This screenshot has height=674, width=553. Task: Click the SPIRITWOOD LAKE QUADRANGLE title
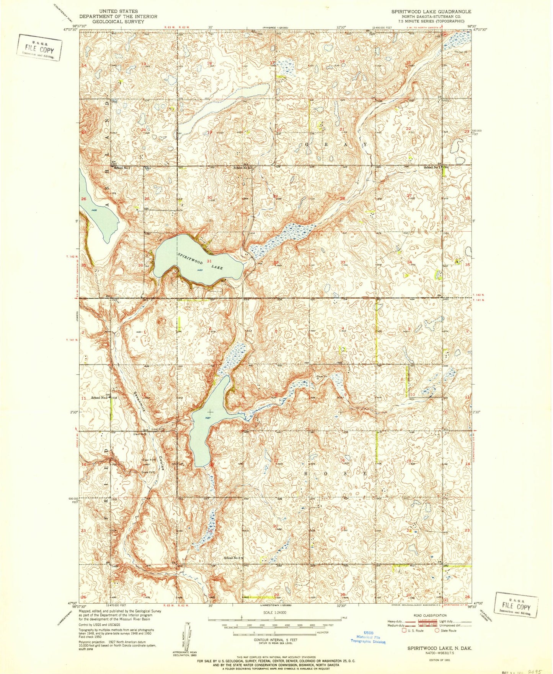[431, 12]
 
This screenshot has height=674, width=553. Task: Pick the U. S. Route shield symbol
[404, 631]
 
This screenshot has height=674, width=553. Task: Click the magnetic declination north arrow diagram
[187, 636]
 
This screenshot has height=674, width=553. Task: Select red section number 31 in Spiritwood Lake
[209, 261]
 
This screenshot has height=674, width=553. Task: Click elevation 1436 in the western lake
[94, 210]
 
